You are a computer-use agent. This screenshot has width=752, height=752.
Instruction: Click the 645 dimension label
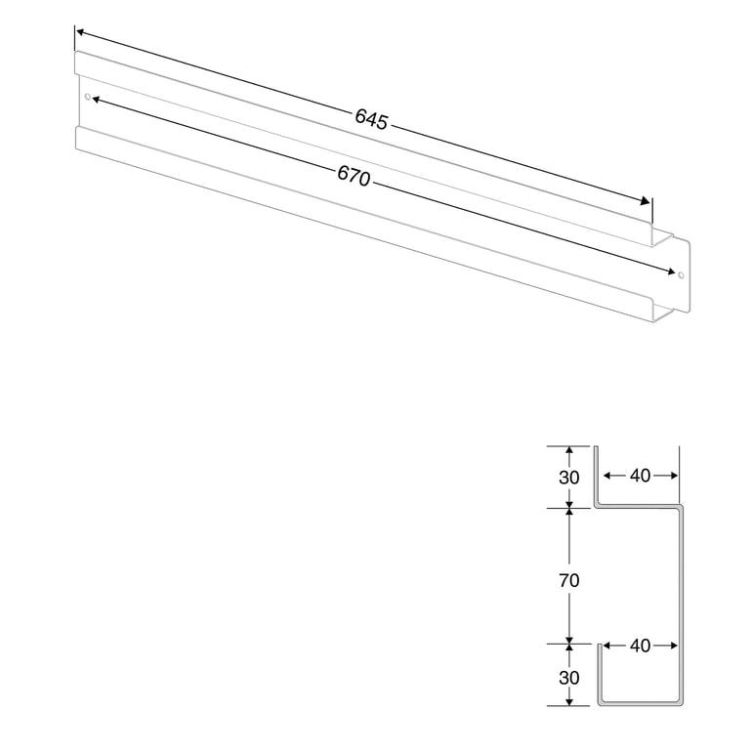pos(371,119)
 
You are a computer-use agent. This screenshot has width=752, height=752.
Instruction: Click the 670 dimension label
pos(354,176)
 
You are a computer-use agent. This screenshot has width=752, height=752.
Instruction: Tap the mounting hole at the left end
pos(87,97)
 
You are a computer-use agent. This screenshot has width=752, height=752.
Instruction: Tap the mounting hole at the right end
pos(681,274)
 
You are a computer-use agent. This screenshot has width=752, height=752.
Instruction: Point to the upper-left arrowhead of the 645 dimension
pos(81,32)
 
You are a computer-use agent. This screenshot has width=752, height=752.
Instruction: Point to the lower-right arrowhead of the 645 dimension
pos(645,201)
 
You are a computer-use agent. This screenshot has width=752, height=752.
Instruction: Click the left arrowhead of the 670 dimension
pos(97,100)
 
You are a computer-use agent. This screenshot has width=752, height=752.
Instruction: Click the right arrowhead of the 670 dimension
pos(671,272)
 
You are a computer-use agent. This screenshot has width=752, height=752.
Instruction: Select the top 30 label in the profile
pos(569,478)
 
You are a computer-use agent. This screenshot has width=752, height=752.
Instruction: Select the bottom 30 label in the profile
pos(569,678)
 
